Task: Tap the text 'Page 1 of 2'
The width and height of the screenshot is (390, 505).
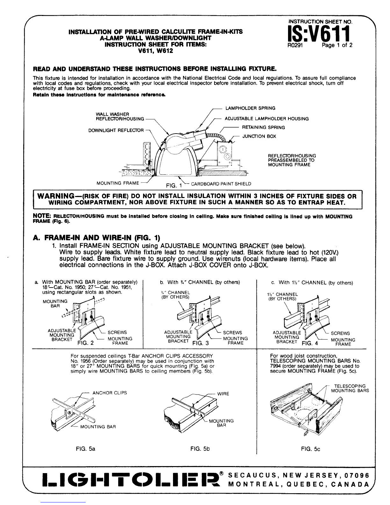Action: click(x=337, y=45)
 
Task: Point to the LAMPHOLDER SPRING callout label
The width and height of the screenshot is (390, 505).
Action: click(x=250, y=108)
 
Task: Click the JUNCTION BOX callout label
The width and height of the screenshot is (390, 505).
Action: click(x=259, y=136)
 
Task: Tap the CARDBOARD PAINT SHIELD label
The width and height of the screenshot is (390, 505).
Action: click(x=221, y=184)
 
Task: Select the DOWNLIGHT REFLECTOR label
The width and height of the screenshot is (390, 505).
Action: click(x=116, y=130)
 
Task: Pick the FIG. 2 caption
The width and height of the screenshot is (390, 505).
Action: click(x=86, y=343)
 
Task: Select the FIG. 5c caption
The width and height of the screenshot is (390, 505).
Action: click(x=310, y=449)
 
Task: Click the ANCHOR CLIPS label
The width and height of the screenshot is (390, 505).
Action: click(x=110, y=393)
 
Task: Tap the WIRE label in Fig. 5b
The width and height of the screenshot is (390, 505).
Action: click(x=223, y=394)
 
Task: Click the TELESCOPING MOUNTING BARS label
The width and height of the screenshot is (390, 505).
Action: click(x=350, y=388)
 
